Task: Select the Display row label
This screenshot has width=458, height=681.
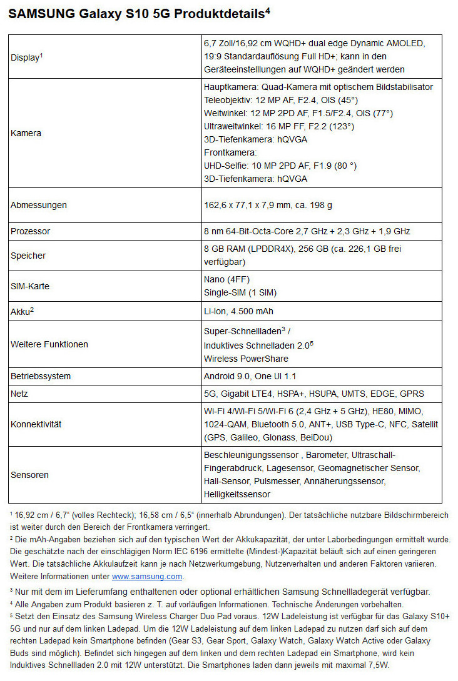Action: click(x=26, y=57)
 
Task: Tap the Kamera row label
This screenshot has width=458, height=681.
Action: click(x=26, y=133)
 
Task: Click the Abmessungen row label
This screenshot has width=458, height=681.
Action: click(x=39, y=205)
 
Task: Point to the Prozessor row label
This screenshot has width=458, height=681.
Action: click(x=31, y=231)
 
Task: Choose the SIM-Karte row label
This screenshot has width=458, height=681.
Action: click(x=30, y=286)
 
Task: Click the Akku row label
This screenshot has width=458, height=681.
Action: click(x=21, y=311)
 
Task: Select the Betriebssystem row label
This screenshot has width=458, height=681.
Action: click(x=41, y=376)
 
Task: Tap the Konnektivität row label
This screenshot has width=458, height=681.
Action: click(x=36, y=424)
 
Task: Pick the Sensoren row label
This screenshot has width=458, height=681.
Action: click(x=29, y=475)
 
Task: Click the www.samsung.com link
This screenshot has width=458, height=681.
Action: click(x=147, y=576)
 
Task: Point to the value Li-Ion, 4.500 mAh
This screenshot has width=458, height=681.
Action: click(x=238, y=311)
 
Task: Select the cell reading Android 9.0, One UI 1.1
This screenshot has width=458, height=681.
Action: click(x=250, y=376)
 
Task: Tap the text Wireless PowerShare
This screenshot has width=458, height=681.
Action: click(x=246, y=359)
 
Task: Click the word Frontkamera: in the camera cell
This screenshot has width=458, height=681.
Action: click(x=231, y=152)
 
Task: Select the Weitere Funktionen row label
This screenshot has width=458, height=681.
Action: click(x=49, y=344)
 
